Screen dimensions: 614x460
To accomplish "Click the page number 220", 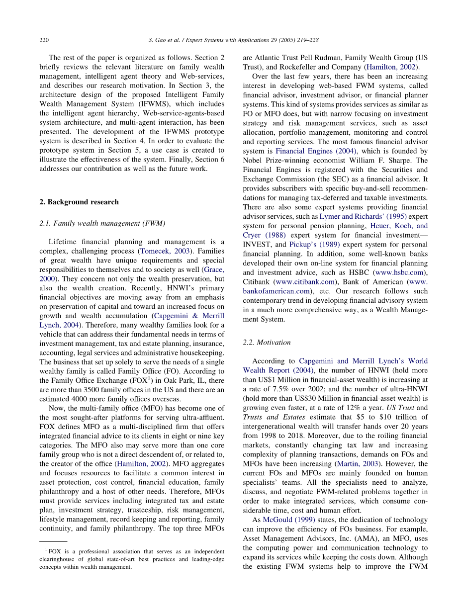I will coord(44,39).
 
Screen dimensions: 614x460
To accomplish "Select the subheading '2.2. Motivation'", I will coord(267,343).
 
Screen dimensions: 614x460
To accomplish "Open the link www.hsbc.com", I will coord(400,272).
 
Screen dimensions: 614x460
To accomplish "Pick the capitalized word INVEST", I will coord(256,244).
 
